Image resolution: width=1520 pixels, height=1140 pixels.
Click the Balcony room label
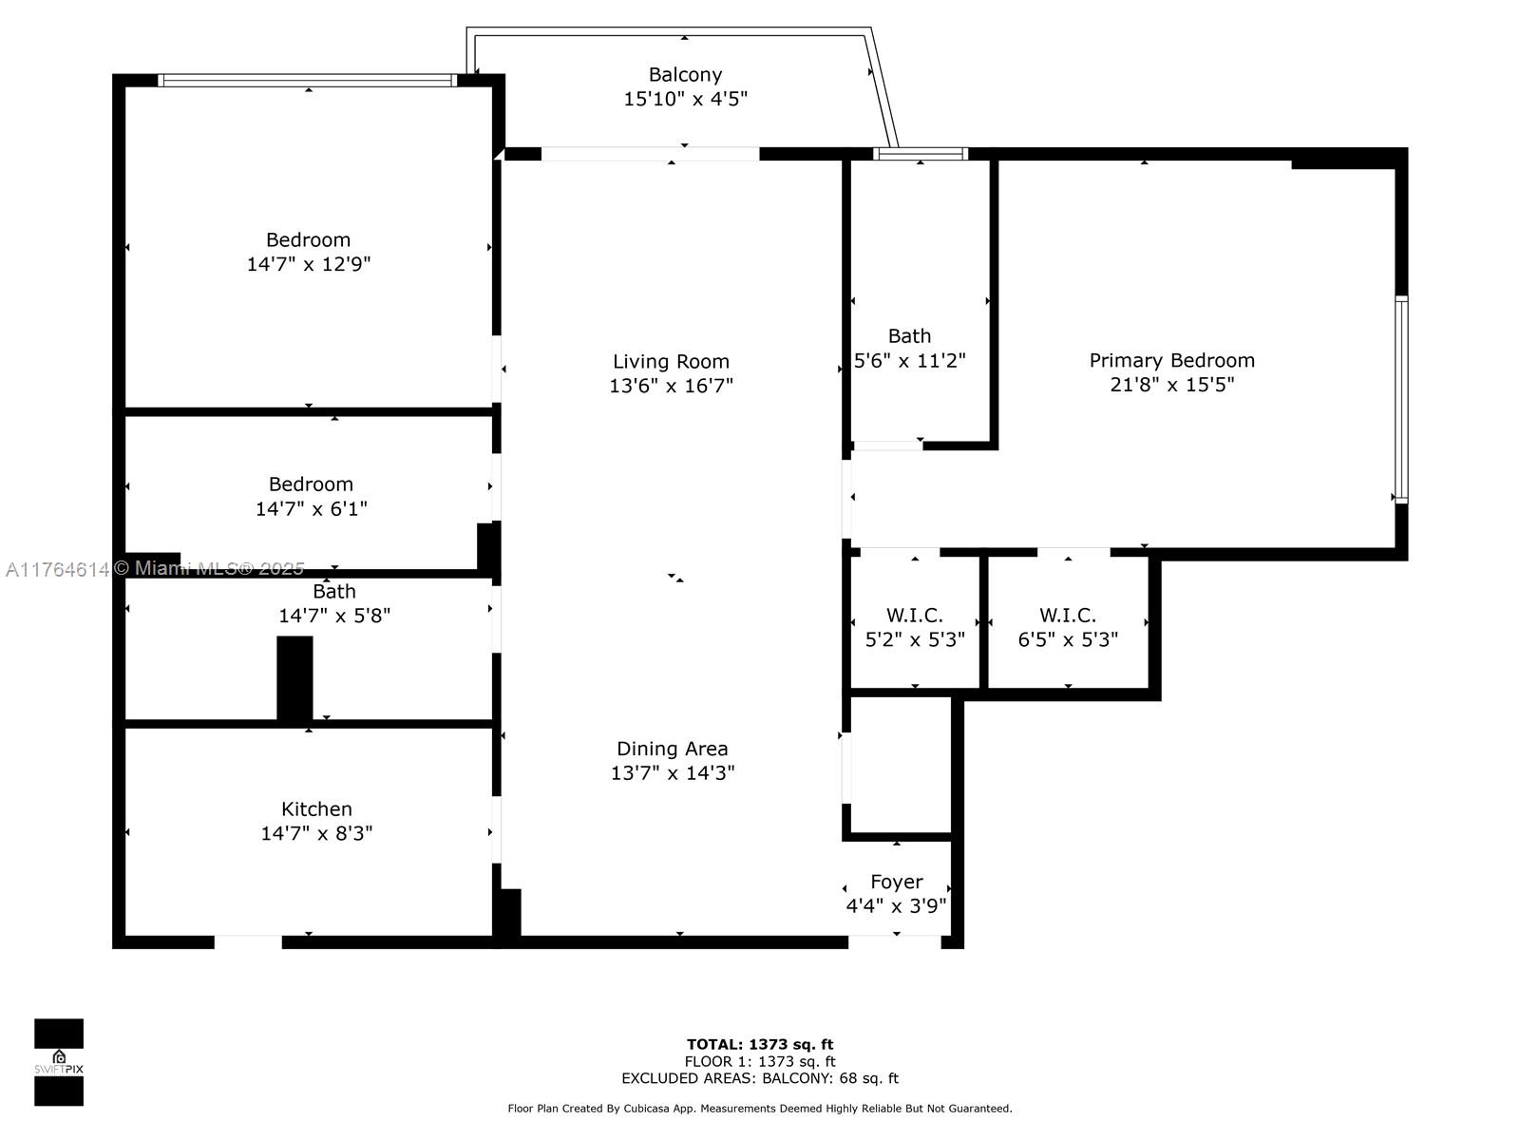[685, 75]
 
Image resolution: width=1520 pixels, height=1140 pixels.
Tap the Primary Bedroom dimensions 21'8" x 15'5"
[1171, 385]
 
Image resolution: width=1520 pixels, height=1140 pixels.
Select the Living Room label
[671, 361]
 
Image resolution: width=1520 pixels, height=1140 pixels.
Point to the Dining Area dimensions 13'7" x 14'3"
[672, 773]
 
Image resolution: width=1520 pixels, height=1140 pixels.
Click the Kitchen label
[316, 809]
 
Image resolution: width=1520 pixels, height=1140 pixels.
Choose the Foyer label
[896, 882]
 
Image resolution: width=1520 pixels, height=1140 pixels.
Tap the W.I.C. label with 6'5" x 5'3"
[1067, 616]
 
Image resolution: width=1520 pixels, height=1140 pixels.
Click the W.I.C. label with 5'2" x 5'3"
[914, 616]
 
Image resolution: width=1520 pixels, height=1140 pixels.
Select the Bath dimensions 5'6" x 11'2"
[909, 361]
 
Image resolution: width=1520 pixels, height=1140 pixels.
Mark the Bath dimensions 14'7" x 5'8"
[333, 616]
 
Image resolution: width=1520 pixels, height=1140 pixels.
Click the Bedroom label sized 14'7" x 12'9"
[308, 240]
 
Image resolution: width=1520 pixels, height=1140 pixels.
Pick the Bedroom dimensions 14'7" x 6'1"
[311, 509]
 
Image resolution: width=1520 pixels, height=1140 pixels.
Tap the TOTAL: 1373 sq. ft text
[760, 1044]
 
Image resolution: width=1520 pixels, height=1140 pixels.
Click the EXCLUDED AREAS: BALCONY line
[760, 1078]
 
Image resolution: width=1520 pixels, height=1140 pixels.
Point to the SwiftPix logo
[59, 1062]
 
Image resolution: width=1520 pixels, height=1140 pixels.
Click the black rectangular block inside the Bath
[294, 678]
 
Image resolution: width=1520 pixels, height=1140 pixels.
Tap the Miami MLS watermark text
[154, 569]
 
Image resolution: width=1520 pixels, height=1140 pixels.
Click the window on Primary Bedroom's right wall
[1400, 399]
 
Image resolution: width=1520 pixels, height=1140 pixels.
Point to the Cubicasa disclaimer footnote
[760, 1109]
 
